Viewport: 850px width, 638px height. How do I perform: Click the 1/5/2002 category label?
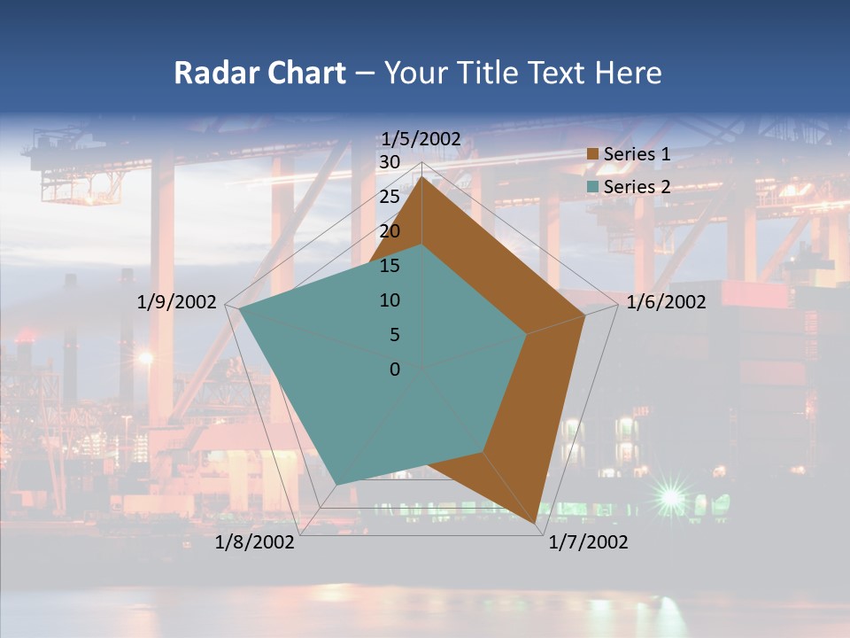(x=421, y=138)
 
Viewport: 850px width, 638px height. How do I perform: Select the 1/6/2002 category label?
(x=666, y=302)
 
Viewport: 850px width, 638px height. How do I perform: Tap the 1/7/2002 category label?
(x=588, y=542)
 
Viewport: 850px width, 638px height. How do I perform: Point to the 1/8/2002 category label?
(x=255, y=542)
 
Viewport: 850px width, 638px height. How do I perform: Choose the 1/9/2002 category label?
(x=177, y=302)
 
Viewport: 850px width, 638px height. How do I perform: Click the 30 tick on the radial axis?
(x=389, y=162)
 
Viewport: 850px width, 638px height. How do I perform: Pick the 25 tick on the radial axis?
(x=389, y=197)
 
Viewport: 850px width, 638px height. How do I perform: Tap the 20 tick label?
(x=389, y=231)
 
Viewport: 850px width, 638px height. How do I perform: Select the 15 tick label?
(x=389, y=266)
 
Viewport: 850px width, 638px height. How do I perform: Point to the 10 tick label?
(x=389, y=300)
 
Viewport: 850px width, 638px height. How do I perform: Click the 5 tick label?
(x=394, y=335)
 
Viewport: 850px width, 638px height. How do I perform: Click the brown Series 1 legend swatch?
(x=592, y=154)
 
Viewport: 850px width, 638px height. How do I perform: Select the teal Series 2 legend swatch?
(x=592, y=187)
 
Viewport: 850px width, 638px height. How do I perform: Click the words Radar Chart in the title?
(x=259, y=73)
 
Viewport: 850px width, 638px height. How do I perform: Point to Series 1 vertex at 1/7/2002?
(x=537, y=525)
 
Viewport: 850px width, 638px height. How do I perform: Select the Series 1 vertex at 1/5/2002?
(x=422, y=178)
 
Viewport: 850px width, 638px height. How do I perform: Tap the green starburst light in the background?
(x=670, y=499)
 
